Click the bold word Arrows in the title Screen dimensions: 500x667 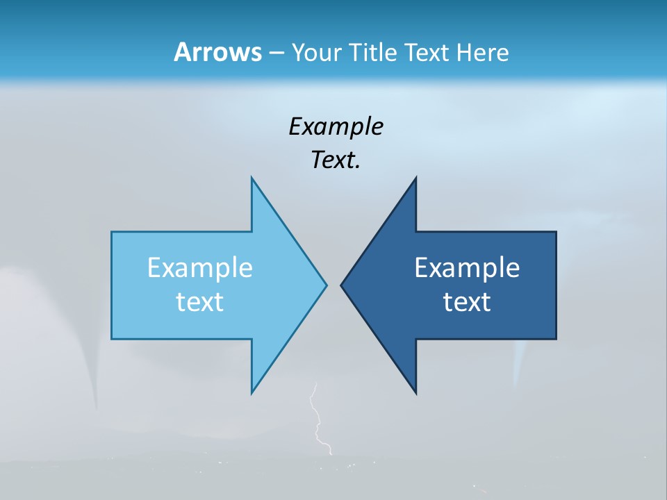pos(217,52)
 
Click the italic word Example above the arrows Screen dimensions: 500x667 pos(336,126)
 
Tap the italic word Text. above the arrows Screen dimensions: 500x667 pos(336,160)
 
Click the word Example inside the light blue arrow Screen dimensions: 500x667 pos(200,268)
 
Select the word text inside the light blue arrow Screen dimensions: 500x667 pos(200,302)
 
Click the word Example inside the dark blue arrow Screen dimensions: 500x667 pos(467,268)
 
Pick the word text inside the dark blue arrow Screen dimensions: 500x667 pos(467,302)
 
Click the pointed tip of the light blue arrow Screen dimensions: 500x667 pos(325,285)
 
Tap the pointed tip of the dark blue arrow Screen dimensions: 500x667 pos(342,285)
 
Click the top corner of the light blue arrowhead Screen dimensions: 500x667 pos(252,179)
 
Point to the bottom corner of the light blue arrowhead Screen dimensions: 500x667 pos(252,391)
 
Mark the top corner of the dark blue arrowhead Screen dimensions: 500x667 pos(415,179)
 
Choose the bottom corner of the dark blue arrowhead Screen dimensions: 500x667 pos(415,392)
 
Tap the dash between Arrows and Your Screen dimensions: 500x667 pos(276,53)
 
